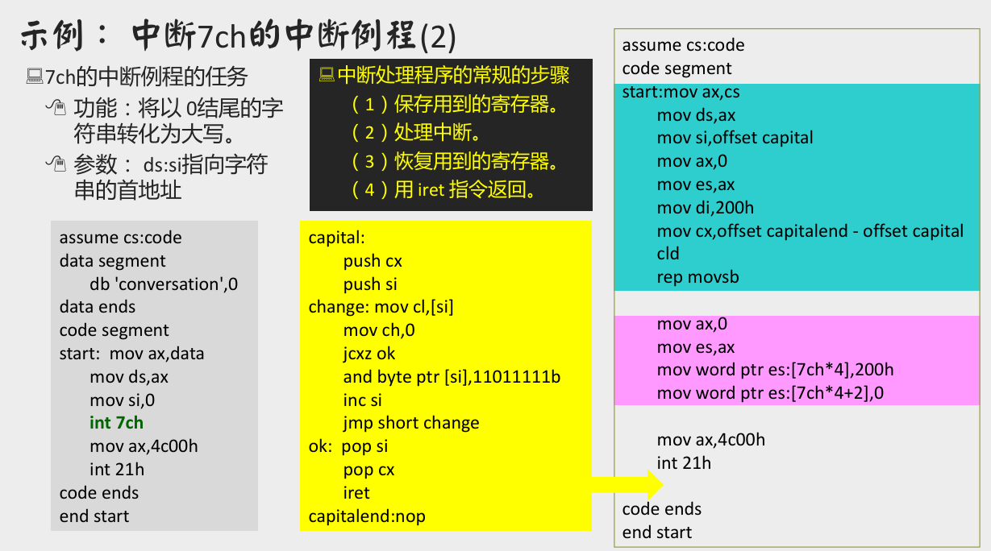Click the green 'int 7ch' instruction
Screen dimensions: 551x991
point(116,423)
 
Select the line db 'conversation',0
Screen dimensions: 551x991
point(164,284)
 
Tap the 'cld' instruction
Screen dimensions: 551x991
point(668,254)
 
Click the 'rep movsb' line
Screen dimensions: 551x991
point(697,277)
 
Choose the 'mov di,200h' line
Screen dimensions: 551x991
point(705,208)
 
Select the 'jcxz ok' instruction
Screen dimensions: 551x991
point(369,354)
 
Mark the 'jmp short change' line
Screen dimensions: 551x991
point(410,423)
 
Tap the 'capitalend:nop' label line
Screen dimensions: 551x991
point(366,516)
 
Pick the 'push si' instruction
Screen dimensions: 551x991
point(370,284)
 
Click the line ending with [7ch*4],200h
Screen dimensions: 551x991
point(775,370)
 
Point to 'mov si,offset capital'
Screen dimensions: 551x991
point(735,138)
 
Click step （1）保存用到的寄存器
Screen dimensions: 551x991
point(455,104)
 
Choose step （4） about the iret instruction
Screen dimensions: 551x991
point(444,191)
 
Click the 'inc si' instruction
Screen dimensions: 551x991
point(362,400)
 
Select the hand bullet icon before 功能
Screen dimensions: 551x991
point(55,106)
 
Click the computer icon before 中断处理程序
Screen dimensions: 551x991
point(327,75)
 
